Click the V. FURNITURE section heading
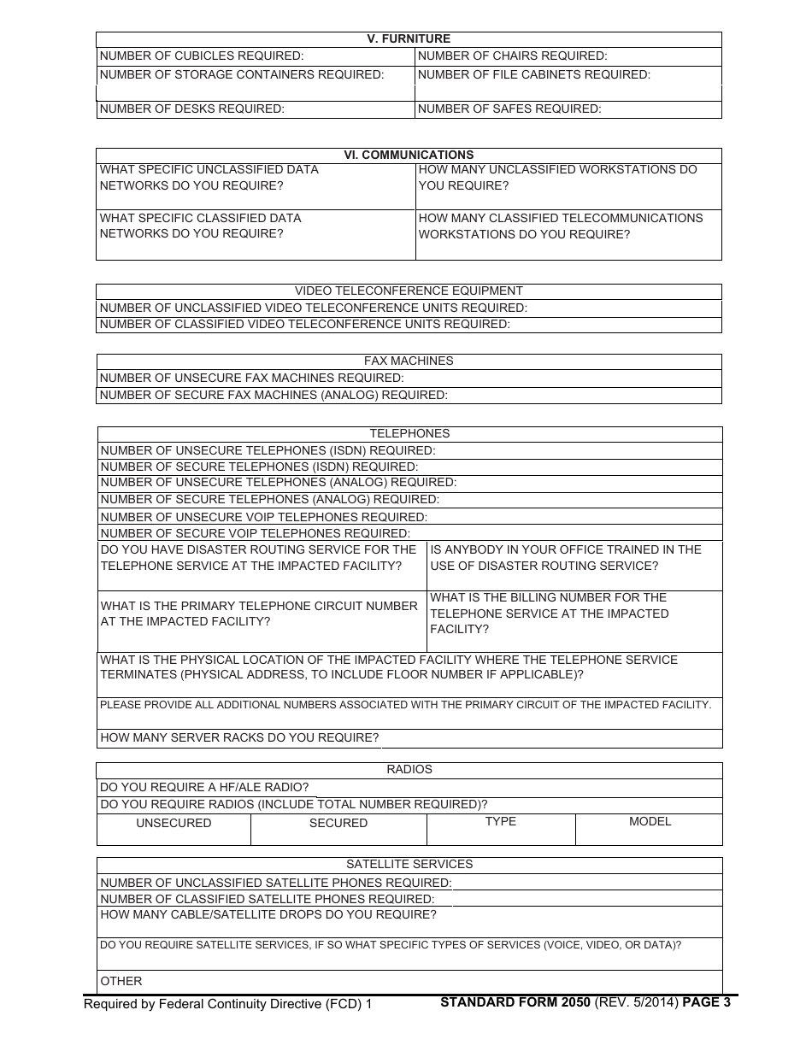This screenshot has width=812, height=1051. [409, 39]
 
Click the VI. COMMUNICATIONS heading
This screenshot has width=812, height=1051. [409, 156]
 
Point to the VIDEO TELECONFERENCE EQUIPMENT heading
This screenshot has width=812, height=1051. [409, 291]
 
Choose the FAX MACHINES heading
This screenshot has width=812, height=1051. [409, 361]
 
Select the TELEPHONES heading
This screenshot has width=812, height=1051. [409, 434]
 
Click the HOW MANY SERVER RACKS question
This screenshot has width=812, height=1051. [239, 738]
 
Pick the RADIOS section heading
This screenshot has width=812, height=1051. [409, 770]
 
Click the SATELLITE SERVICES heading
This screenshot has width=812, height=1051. [409, 865]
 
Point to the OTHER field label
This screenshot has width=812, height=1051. [121, 982]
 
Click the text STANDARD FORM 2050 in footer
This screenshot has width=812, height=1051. [515, 1003]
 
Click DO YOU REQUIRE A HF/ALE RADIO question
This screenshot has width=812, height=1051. [204, 788]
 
